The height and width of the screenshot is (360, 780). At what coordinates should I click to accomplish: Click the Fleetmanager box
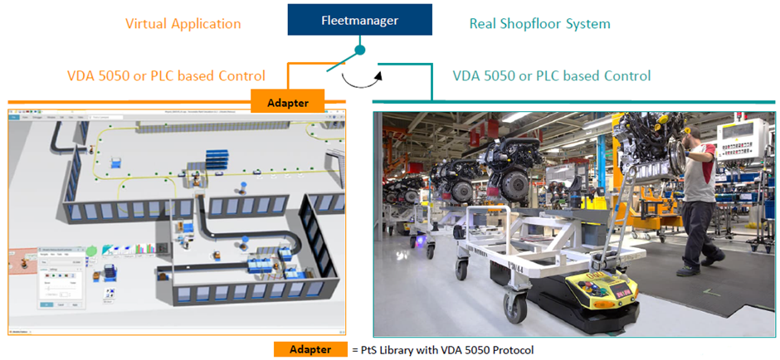click(359, 20)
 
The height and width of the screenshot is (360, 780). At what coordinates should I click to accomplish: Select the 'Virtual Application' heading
click(183, 23)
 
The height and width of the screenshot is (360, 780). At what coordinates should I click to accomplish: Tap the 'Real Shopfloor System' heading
click(539, 23)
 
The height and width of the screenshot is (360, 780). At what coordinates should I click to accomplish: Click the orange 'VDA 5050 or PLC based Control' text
click(166, 75)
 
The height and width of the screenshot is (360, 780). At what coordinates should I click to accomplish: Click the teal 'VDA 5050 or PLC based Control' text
click(551, 75)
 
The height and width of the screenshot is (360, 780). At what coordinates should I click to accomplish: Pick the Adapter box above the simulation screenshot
click(287, 102)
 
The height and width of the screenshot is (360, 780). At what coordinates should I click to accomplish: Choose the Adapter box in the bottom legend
click(310, 349)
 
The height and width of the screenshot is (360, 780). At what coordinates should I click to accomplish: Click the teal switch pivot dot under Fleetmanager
click(360, 51)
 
